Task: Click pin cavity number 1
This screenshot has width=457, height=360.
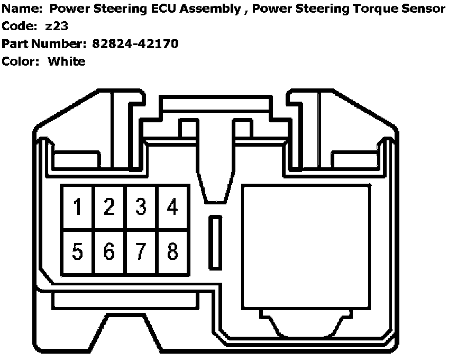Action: tap(78, 207)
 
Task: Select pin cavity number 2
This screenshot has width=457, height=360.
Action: tap(109, 207)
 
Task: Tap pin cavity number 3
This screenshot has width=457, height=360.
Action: tap(141, 207)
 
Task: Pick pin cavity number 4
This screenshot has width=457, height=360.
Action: tap(172, 207)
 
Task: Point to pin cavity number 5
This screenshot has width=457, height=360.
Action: tap(78, 251)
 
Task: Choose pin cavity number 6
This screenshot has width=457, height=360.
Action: tap(109, 251)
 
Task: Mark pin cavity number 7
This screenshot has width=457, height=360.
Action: tap(141, 251)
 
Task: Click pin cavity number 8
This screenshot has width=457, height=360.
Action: tap(172, 251)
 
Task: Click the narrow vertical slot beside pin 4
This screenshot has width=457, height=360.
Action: tap(215, 242)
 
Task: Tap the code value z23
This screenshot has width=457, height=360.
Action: tap(57, 27)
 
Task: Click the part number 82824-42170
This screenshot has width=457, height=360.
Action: tap(135, 44)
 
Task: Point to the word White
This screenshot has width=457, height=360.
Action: tap(67, 61)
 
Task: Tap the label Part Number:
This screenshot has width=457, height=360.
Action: tap(44, 44)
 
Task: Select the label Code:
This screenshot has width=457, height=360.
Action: tap(20, 27)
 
